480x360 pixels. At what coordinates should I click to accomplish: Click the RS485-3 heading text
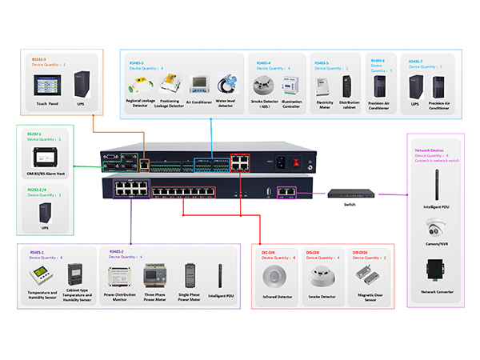[x=137, y=61]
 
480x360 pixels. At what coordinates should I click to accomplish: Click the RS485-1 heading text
[x=38, y=250]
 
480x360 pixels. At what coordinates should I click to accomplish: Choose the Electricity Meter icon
[x=325, y=84]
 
